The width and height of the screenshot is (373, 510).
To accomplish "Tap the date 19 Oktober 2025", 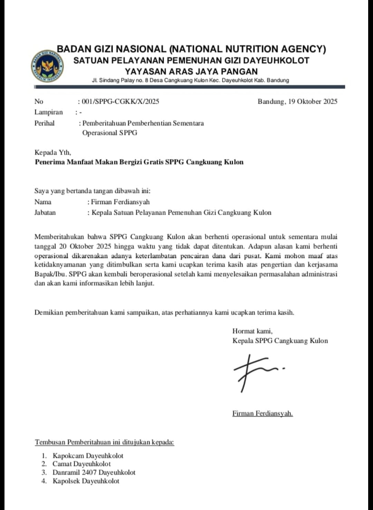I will click(313, 101).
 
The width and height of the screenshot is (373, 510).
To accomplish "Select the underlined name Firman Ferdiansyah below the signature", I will click(262, 413).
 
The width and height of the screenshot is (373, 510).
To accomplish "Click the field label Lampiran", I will click(49, 112).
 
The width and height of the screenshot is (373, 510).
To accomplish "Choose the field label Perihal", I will click(45, 123).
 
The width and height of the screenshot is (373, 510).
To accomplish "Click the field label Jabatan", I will click(45, 213).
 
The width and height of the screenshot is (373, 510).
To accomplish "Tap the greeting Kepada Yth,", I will click(52, 153).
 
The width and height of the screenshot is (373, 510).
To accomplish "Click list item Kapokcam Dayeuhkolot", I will click(88, 456).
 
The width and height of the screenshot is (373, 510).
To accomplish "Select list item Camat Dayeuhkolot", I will click(82, 464).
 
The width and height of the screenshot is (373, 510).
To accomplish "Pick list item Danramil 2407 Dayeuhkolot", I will click(94, 472).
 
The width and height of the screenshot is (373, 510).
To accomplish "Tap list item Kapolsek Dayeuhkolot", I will click(86, 481).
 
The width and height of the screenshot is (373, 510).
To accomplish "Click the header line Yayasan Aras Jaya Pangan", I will click(191, 71).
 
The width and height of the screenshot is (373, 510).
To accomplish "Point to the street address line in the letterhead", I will click(190, 80).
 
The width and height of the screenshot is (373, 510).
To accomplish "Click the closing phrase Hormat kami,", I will click(252, 331).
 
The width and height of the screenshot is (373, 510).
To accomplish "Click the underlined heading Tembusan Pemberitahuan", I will click(104, 442).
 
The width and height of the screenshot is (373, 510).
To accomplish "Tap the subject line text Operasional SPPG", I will click(109, 133).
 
